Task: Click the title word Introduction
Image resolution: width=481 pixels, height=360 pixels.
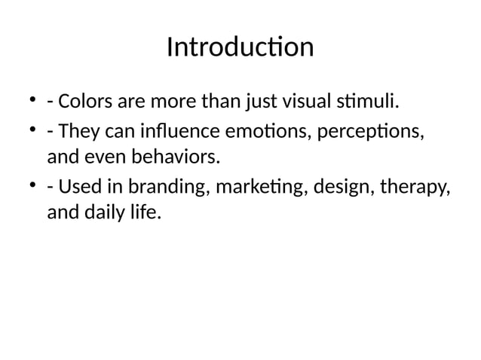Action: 240,47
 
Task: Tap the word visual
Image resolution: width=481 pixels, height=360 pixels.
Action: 302,101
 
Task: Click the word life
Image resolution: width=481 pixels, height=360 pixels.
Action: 147,212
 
